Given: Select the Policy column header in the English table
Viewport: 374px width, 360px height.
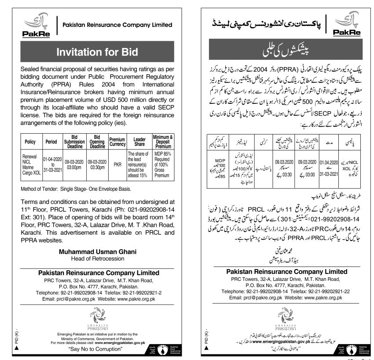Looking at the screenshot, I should pos(30,142).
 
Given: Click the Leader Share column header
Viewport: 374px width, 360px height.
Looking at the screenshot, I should pos(139,142).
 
